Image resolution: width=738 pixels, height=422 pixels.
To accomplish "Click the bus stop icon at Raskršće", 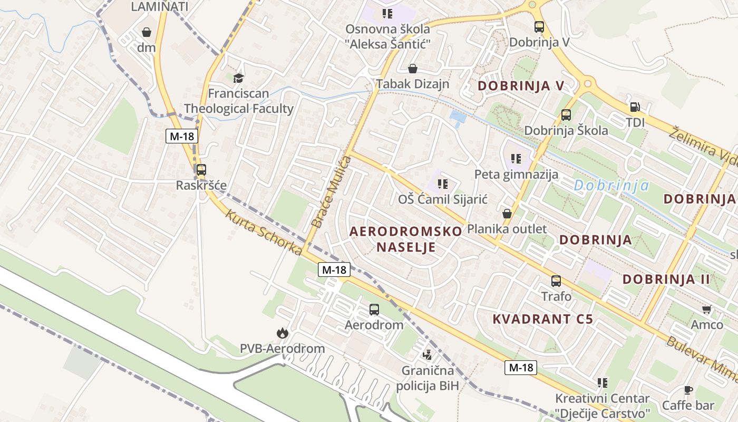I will pyautogui.click(x=201, y=170).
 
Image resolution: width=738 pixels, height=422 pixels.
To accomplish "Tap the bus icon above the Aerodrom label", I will pyautogui.click(x=374, y=310).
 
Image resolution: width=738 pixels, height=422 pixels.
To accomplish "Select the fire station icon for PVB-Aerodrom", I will pyautogui.click(x=282, y=333).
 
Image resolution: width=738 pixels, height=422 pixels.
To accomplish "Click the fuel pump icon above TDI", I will pyautogui.click(x=635, y=107).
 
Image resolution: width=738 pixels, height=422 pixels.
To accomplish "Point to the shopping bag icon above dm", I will pyautogui.click(x=147, y=32).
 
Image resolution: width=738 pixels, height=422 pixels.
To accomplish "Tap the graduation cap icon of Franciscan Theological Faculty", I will pyautogui.click(x=239, y=78).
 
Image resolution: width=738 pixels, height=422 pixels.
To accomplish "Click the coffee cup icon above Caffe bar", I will pyautogui.click(x=688, y=390).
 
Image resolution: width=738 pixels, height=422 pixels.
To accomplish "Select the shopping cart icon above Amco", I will pyautogui.click(x=706, y=309).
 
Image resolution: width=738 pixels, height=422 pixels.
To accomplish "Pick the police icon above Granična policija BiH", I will pyautogui.click(x=428, y=354).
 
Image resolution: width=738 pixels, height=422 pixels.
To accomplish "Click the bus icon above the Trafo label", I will pyautogui.click(x=556, y=281).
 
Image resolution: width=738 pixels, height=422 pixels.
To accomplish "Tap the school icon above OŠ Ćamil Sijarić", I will pyautogui.click(x=443, y=184).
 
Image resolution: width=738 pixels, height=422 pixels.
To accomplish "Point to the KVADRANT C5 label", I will pyautogui.click(x=543, y=319).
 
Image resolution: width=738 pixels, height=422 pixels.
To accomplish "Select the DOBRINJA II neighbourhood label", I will pyautogui.click(x=666, y=279).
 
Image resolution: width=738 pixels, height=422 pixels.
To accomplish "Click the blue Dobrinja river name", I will pyautogui.click(x=611, y=185).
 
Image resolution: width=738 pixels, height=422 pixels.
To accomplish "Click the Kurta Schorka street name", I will pyautogui.click(x=264, y=233).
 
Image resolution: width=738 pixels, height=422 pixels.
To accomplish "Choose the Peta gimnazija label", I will pyautogui.click(x=516, y=174).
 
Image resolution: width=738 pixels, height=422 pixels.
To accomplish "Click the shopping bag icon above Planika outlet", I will pyautogui.click(x=507, y=214).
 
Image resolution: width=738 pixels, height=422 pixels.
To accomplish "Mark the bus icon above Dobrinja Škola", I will pyautogui.click(x=566, y=114).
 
